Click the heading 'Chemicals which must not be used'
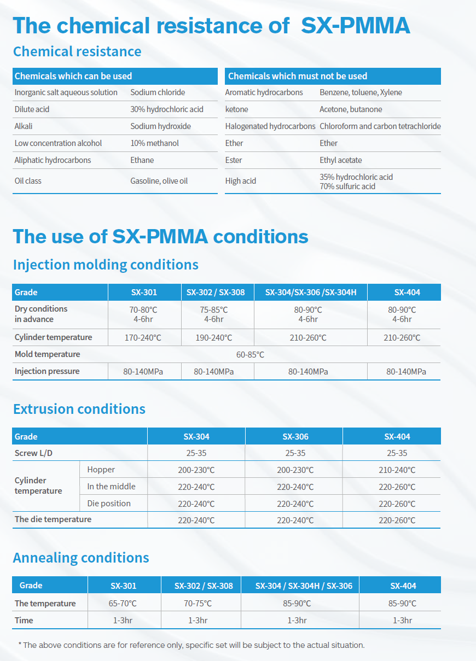coord(298,76)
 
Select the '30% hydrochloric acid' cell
coord(167,109)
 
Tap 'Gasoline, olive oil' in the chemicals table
coord(159,181)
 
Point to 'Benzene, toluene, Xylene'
coord(361,92)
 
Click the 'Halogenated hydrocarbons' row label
coord(270,126)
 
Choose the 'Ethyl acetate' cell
coord(341,160)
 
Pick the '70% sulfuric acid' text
coord(347,186)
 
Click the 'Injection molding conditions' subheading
coord(106,265)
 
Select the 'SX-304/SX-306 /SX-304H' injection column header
coord(311,293)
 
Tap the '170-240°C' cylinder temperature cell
coord(143,338)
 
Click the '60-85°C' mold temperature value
coord(250,355)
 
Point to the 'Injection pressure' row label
coord(47,371)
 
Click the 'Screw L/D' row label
coord(33,453)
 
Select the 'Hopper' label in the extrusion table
coord(101,470)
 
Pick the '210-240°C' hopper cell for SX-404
coord(397,470)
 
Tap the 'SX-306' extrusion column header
coord(295,437)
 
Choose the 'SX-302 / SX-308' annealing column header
coord(204,586)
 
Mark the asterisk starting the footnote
coord(20,645)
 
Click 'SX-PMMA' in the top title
coord(355,26)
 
